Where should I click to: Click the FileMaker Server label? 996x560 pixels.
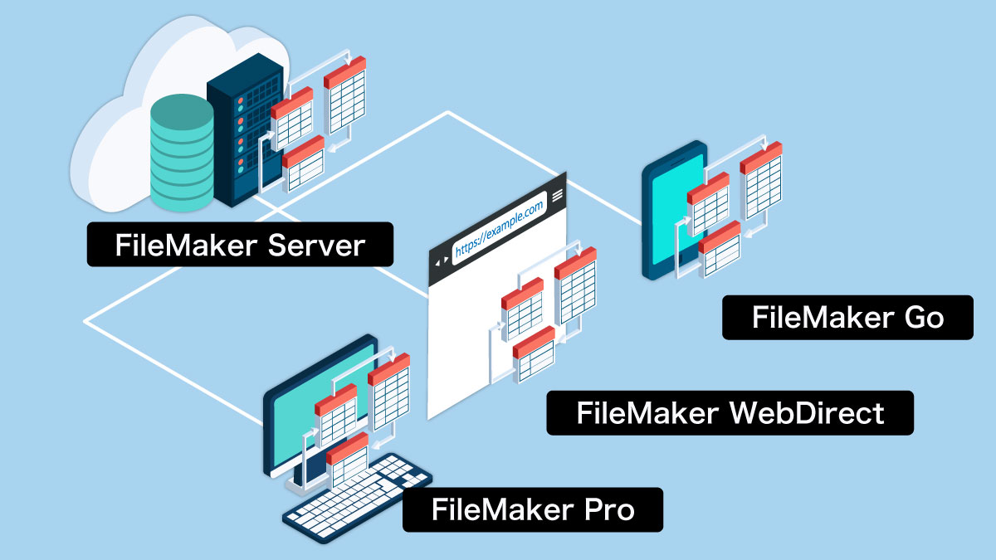tap(239, 244)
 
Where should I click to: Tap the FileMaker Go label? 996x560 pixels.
tap(847, 318)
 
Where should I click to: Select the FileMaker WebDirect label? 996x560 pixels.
tap(730, 412)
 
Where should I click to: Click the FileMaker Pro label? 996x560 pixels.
tap(532, 509)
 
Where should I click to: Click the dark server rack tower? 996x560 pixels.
tap(237, 133)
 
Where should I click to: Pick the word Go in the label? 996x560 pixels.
tap(920, 318)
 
